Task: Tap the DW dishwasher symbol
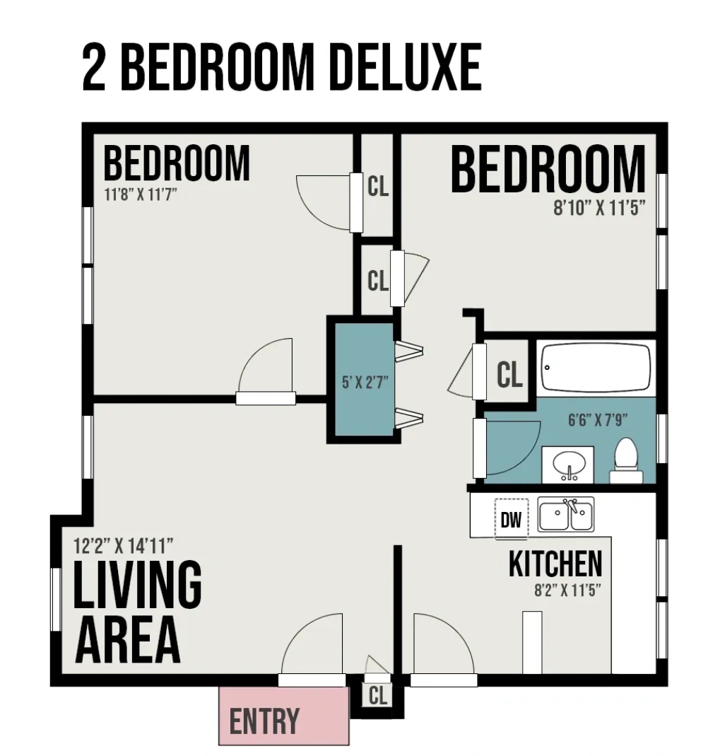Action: click(x=510, y=520)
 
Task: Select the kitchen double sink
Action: click(x=566, y=514)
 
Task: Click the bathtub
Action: click(x=596, y=368)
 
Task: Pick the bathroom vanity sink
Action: click(x=568, y=465)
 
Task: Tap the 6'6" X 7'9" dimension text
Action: click(x=598, y=420)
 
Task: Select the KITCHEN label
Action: click(x=555, y=564)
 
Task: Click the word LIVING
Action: click(x=138, y=585)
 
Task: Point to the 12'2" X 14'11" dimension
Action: click(x=124, y=546)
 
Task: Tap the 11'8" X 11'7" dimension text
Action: click(x=139, y=194)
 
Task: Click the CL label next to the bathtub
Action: click(x=509, y=375)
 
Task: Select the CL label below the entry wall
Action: click(x=378, y=696)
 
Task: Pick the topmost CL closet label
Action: click(x=378, y=187)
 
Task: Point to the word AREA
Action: click(x=127, y=639)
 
